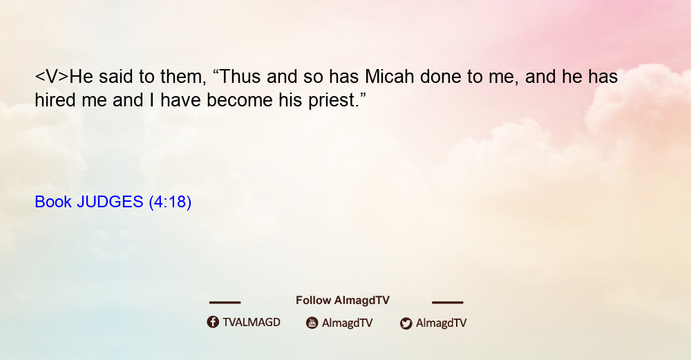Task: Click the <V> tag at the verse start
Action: point(52,77)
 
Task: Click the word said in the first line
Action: point(115,77)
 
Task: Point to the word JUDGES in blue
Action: point(110,202)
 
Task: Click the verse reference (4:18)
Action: point(170,202)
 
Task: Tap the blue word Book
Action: point(53,202)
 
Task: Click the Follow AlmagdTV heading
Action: point(343,300)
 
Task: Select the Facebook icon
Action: point(213,322)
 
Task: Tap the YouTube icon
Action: point(312,323)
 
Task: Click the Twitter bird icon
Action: point(406,323)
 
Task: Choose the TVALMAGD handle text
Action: point(252,322)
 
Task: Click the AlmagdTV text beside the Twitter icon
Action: point(441,323)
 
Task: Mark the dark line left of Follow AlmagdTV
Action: point(225,302)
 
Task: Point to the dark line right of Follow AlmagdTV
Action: point(448,302)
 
